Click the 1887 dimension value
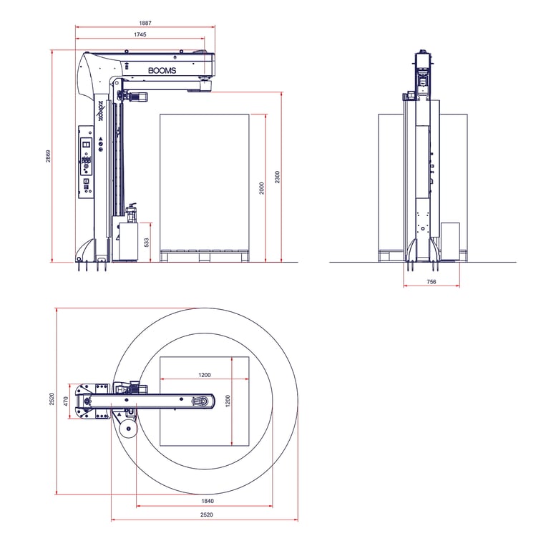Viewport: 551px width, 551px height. coord(145,23)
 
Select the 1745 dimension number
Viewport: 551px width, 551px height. coord(140,34)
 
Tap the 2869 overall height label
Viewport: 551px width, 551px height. coord(48,156)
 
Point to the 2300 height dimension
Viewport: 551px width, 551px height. coord(277,177)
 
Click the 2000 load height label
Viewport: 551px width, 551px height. coord(261,188)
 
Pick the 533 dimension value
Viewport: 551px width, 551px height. coord(147,243)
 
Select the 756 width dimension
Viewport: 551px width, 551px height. coord(431,281)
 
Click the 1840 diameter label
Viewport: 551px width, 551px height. coord(208,501)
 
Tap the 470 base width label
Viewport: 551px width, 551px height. coord(66,401)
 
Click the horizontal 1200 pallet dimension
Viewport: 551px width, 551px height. coord(205,375)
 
